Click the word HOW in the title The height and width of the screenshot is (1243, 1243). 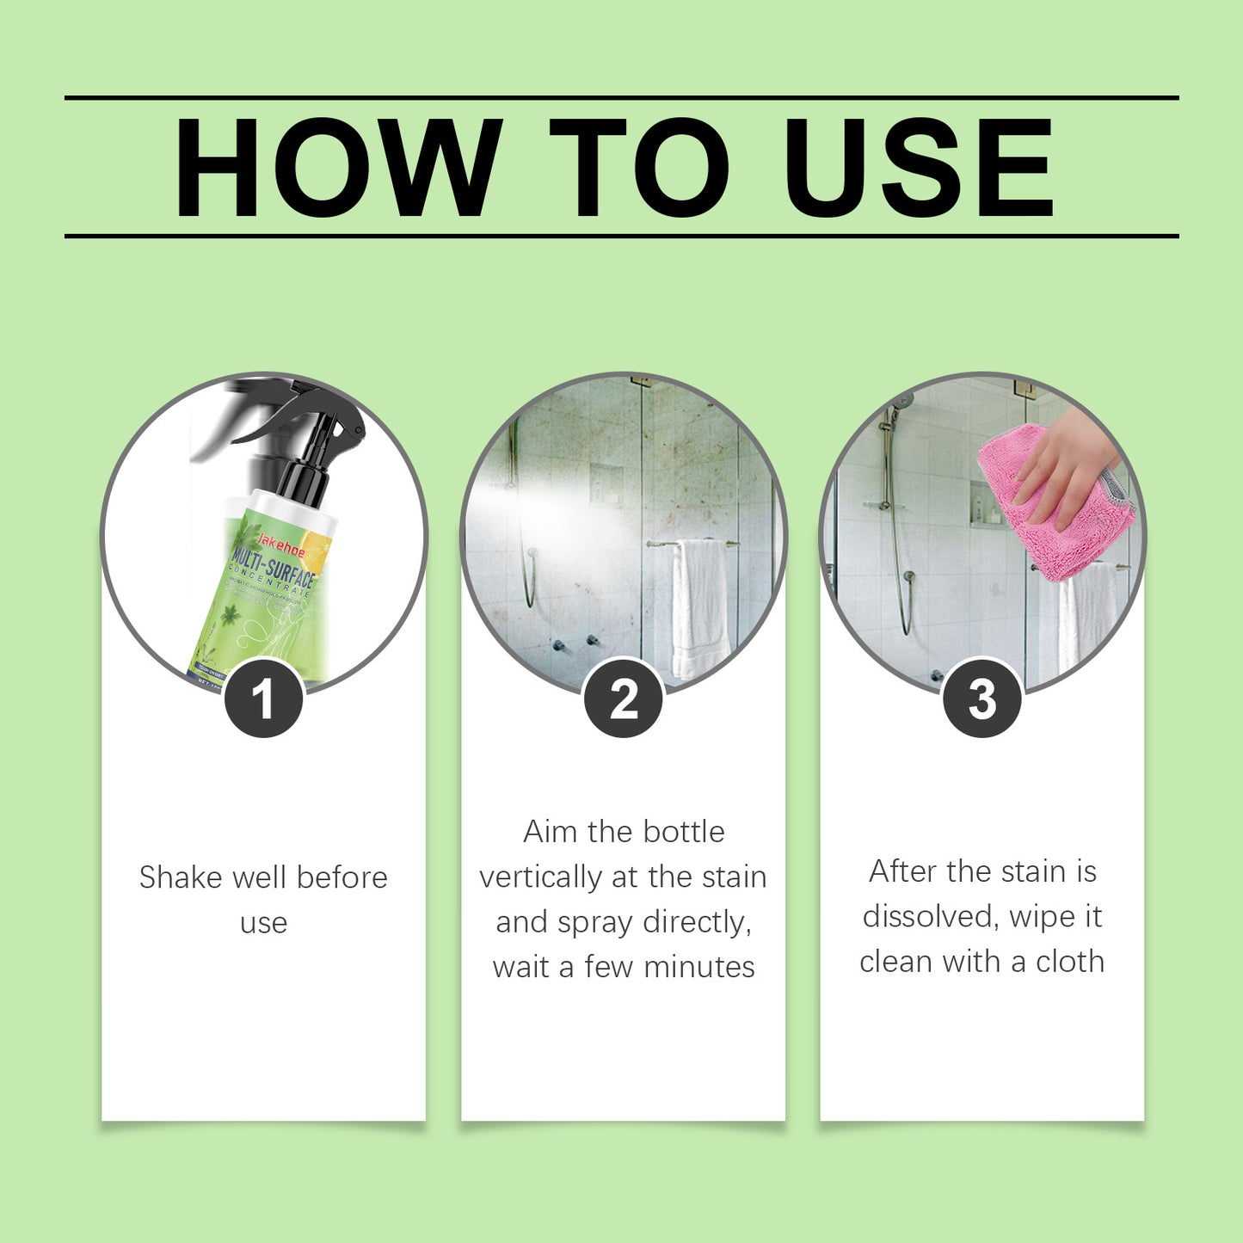click(337, 168)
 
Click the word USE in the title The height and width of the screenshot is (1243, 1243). click(918, 168)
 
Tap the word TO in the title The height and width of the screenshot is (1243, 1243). click(638, 168)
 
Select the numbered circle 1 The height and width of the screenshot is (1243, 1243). click(263, 698)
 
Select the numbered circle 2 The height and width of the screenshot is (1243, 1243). click(624, 698)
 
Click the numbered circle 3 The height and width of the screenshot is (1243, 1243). click(982, 698)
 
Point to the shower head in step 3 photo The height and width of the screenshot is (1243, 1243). click(901, 401)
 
